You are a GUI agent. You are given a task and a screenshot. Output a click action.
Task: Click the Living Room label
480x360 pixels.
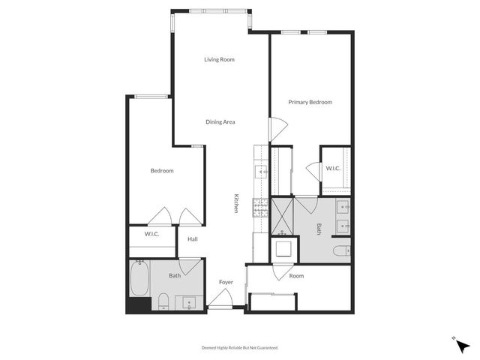pos(220,59)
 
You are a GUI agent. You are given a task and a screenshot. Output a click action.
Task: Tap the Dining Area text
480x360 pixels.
pos(221,121)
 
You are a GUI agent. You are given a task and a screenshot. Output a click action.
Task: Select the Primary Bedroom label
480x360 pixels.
pos(310,102)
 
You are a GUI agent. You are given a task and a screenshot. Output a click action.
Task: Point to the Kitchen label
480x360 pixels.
pos(236,203)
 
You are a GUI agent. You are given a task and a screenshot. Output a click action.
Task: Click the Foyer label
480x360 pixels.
pos(226,282)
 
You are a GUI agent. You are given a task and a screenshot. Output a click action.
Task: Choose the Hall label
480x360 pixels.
pos(193,239)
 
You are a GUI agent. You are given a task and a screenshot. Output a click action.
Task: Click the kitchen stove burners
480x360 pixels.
pos(260,205)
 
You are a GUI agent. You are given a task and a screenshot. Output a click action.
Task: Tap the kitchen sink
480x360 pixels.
pos(262,172)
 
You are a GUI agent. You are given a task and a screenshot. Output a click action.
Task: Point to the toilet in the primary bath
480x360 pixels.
pos(340,251)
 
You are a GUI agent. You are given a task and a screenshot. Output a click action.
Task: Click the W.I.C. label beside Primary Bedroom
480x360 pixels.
pos(333,168)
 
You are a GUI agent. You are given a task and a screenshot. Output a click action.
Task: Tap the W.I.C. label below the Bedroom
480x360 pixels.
pos(152,235)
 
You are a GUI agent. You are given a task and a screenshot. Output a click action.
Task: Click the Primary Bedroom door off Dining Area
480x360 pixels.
pos(276,128)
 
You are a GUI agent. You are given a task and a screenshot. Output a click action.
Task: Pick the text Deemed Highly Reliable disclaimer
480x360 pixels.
pos(240,348)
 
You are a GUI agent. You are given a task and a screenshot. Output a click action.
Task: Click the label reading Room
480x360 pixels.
pos(297,276)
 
